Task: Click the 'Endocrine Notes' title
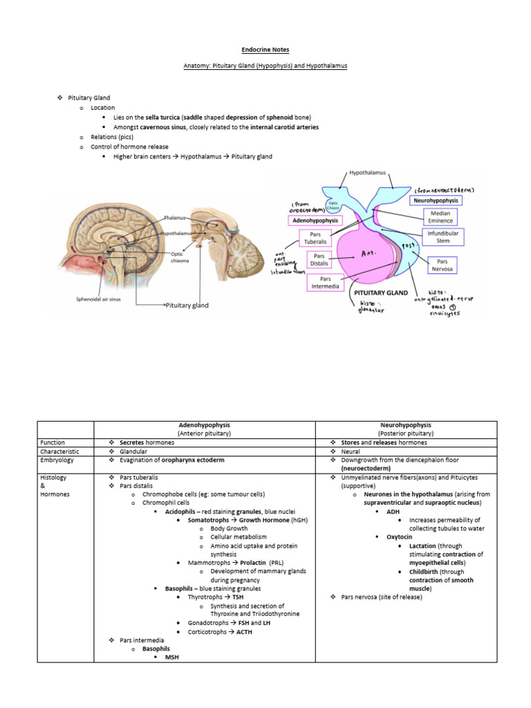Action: pyautogui.click(x=265, y=50)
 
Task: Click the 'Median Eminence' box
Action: pyautogui.click(x=440, y=217)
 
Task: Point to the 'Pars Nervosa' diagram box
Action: pyautogui.click(x=440, y=264)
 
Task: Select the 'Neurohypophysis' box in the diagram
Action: pyautogui.click(x=436, y=200)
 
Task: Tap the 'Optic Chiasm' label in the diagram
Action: pyautogui.click(x=333, y=205)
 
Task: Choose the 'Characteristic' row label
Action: pyautogui.click(x=61, y=451)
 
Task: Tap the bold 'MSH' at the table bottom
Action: pyautogui.click(x=172, y=657)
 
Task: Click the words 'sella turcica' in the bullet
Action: pyautogui.click(x=162, y=118)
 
